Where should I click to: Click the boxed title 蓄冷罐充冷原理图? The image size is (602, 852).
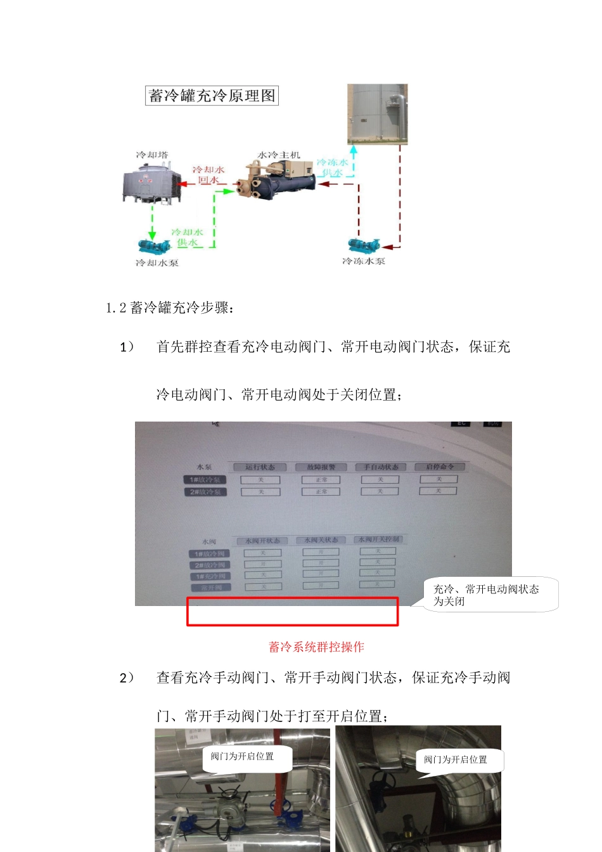pyautogui.click(x=212, y=96)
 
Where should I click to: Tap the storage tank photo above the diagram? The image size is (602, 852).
pyautogui.click(x=377, y=114)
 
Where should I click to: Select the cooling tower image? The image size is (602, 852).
pyautogui.click(x=148, y=183)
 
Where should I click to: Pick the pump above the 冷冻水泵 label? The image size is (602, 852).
pyautogui.click(x=364, y=245)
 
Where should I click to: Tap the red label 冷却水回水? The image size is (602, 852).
pyautogui.click(x=208, y=175)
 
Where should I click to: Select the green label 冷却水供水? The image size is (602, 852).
pyautogui.click(x=187, y=237)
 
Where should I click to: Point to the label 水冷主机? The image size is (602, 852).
pyautogui.click(x=279, y=155)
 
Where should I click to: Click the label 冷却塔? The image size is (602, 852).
pyautogui.click(x=152, y=155)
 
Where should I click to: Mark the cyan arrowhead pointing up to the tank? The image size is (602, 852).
pyautogui.click(x=354, y=150)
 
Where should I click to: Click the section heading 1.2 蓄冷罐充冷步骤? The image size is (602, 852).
pyautogui.click(x=170, y=308)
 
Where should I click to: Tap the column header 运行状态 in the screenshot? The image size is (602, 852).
pyautogui.click(x=260, y=467)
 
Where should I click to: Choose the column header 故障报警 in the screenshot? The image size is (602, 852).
pyautogui.click(x=321, y=467)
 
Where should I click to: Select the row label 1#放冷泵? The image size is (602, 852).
pyautogui.click(x=204, y=480)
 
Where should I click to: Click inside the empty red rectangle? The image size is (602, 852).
pyautogui.click(x=292, y=612)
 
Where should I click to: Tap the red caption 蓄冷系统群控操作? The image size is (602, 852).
pyautogui.click(x=316, y=647)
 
